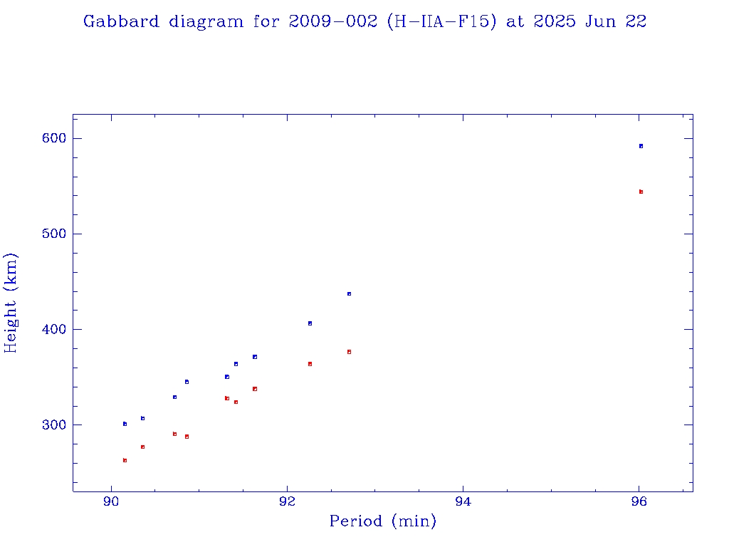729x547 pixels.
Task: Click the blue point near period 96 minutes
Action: (x=641, y=146)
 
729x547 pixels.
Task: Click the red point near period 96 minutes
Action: (x=641, y=192)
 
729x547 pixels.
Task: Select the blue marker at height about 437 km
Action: (x=349, y=293)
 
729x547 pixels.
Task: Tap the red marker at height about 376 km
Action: (x=349, y=352)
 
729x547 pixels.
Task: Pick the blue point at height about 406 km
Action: (x=310, y=323)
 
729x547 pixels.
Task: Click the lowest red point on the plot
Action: (x=125, y=460)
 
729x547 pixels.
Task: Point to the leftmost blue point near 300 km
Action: (x=125, y=424)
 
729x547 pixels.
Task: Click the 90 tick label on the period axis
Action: (x=111, y=501)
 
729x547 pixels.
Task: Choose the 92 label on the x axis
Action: (x=287, y=501)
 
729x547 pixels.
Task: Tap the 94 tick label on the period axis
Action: (x=463, y=501)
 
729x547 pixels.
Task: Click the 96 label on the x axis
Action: (x=639, y=501)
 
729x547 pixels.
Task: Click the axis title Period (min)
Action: (x=383, y=522)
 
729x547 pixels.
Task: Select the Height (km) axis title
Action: (x=11, y=302)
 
